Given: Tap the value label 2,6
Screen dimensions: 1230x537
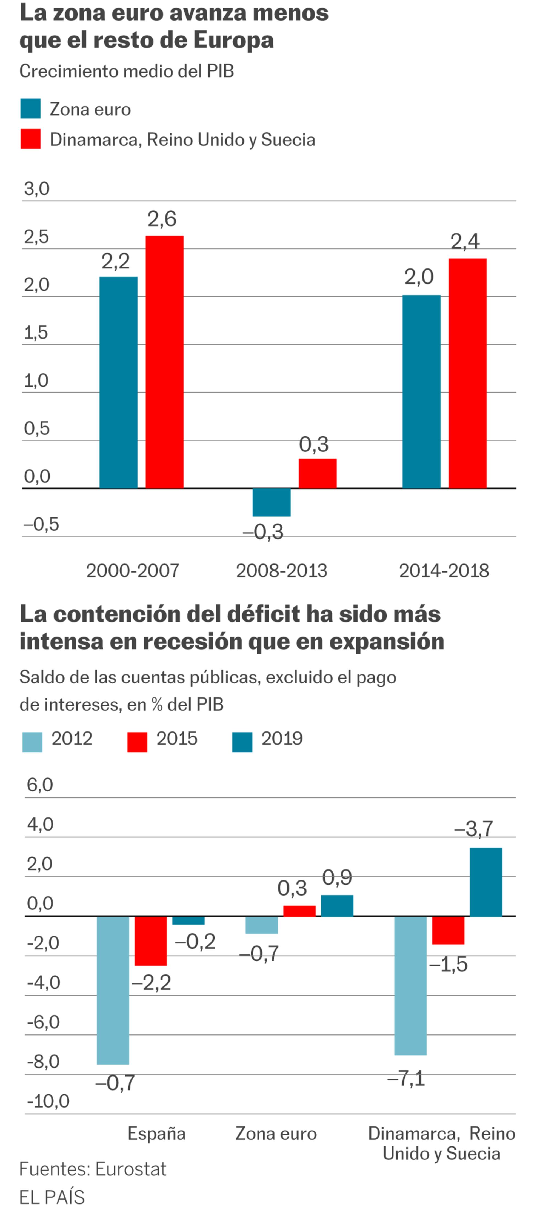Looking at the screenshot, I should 162,219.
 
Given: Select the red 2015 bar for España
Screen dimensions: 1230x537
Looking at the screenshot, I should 150,940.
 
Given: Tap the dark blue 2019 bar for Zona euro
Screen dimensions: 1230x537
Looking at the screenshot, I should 337,905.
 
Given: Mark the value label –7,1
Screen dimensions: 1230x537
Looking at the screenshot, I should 406,1078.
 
